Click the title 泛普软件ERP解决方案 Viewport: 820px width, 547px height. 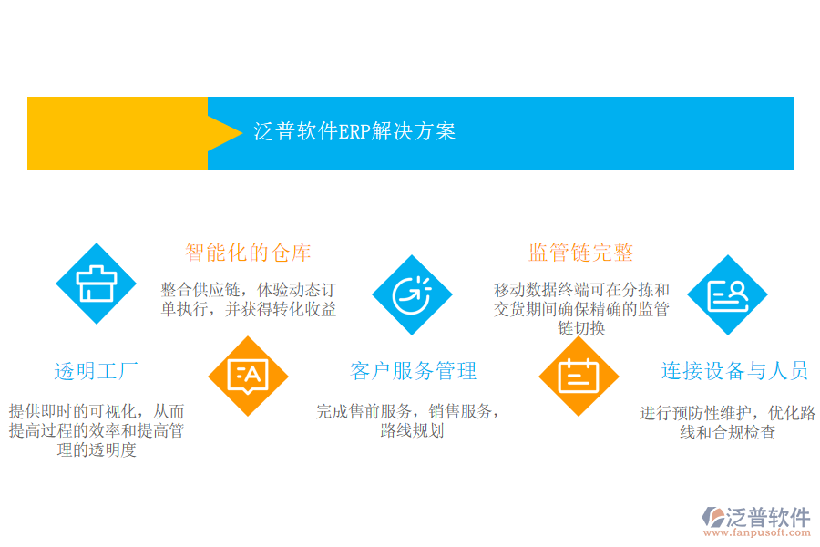click(354, 131)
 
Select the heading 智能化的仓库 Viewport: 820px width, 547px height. click(248, 253)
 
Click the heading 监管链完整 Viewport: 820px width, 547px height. click(580, 253)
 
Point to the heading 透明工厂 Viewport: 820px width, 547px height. click(96, 371)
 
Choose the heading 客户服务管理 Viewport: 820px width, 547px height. click(413, 371)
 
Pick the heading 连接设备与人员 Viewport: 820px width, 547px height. click(734, 371)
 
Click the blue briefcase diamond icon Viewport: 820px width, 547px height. click(96, 284)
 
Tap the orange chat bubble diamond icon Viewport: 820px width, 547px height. click(248, 376)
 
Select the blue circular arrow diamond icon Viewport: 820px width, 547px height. click(412, 294)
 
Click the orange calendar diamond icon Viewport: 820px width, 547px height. click(579, 376)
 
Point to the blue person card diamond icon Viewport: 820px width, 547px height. click(727, 294)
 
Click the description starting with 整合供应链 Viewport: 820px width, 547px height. click(248, 299)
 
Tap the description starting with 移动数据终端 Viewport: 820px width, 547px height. click(581, 309)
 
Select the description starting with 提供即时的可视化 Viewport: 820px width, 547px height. click(96, 430)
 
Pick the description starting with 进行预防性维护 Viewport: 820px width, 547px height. click(727, 422)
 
